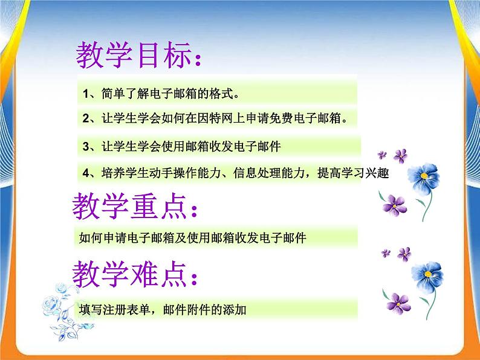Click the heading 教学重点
point(130,208)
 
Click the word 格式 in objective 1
point(215,94)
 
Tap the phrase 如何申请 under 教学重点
point(100,238)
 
